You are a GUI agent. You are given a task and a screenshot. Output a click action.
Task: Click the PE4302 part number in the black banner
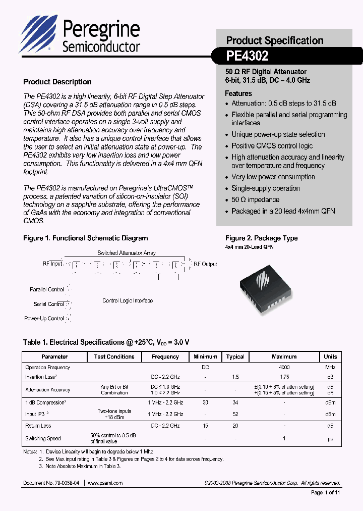pyautogui.click(x=247, y=55)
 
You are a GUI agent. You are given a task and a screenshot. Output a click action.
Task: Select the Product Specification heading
pyautogui.click(x=274, y=40)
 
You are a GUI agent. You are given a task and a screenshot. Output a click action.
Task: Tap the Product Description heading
pyautogui.click(x=57, y=82)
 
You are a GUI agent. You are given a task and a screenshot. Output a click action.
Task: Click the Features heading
pyautogui.click(x=238, y=93)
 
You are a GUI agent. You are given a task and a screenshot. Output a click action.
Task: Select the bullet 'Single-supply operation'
pyautogui.click(x=265, y=188)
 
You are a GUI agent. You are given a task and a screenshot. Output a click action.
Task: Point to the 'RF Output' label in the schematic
pyautogui.click(x=205, y=264)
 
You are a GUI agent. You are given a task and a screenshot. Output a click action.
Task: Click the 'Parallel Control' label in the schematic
pyautogui.click(x=47, y=290)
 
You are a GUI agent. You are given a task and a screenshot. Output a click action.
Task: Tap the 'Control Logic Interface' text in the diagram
pyautogui.click(x=128, y=300)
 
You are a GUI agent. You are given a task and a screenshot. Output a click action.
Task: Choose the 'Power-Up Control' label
pyautogui.click(x=44, y=319)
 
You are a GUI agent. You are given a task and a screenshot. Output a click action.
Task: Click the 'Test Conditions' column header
pyautogui.click(x=114, y=356)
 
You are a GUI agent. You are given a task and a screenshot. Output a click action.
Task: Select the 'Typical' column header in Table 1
pyautogui.click(x=235, y=356)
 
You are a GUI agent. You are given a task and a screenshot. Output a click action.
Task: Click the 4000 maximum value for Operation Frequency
pyautogui.click(x=284, y=368)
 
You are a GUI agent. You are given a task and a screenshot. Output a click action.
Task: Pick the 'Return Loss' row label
pyautogui.click(x=38, y=426)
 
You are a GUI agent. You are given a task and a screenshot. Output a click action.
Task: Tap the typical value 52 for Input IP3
pyautogui.click(x=235, y=414)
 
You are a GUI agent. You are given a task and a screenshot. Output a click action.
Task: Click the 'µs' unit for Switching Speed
pyautogui.click(x=330, y=438)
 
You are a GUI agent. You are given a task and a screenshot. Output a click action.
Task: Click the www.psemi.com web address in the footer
pyautogui.click(x=105, y=483)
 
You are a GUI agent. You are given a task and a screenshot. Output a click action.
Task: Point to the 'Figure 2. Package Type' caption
pyautogui.click(x=261, y=238)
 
